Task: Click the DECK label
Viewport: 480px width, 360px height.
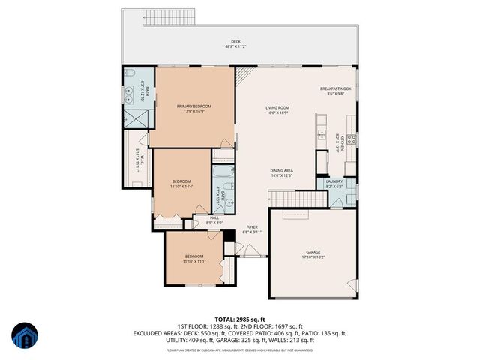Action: point(235,42)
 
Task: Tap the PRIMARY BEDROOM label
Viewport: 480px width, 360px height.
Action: point(193,106)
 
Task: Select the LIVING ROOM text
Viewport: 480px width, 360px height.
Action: point(277,108)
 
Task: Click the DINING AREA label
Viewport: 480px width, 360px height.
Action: point(281,170)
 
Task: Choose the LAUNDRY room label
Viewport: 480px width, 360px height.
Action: point(334,181)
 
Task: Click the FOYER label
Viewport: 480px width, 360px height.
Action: point(252,226)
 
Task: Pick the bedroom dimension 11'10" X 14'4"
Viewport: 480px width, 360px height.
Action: point(181,186)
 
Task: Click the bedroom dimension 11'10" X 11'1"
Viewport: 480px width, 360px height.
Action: point(194,262)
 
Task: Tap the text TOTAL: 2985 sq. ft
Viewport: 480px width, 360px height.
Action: point(239,319)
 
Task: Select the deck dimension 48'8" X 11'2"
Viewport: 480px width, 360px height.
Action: point(235,47)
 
